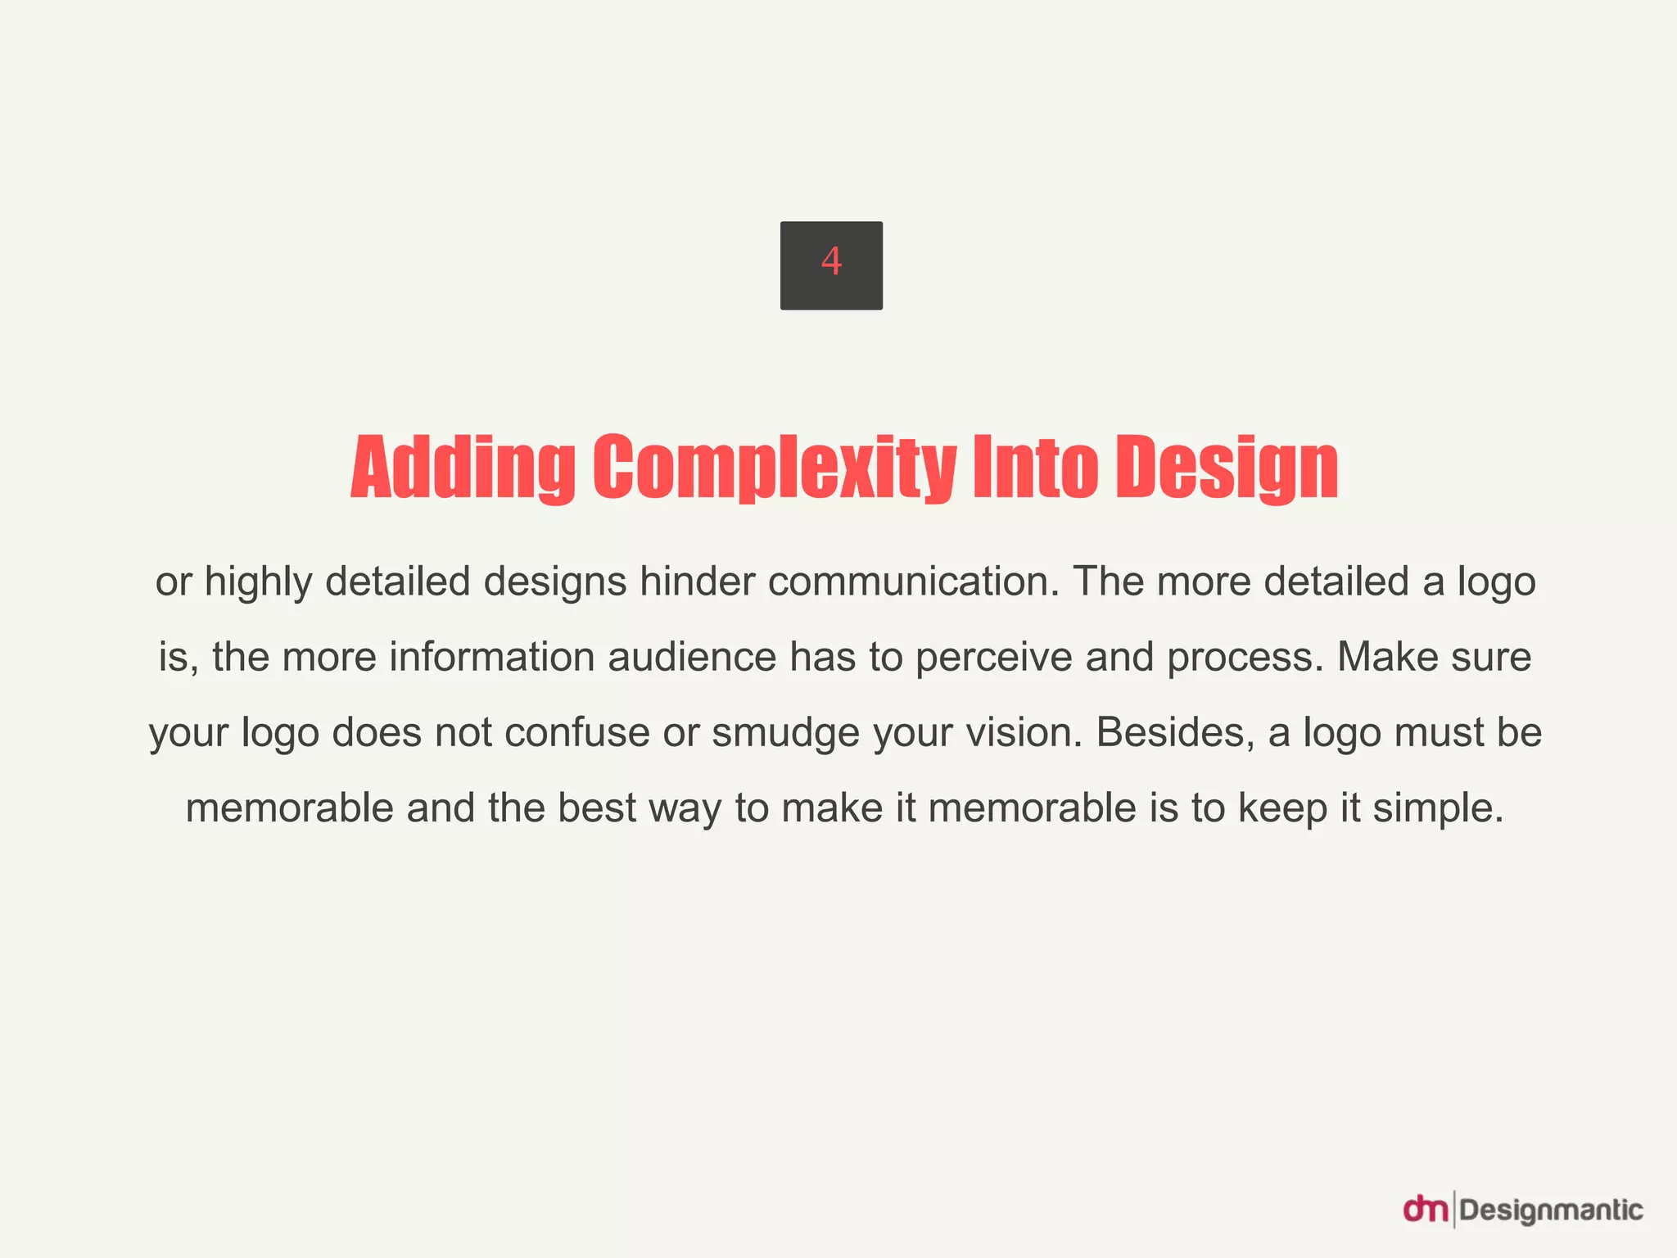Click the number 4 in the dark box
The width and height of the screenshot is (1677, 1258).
pos(831,262)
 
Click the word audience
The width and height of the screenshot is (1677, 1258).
pos(692,658)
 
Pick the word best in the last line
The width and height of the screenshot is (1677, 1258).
pos(597,808)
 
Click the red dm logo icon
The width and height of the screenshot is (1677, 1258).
pos(1426,1210)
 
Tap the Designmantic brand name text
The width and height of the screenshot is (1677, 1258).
pos(1552,1210)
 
